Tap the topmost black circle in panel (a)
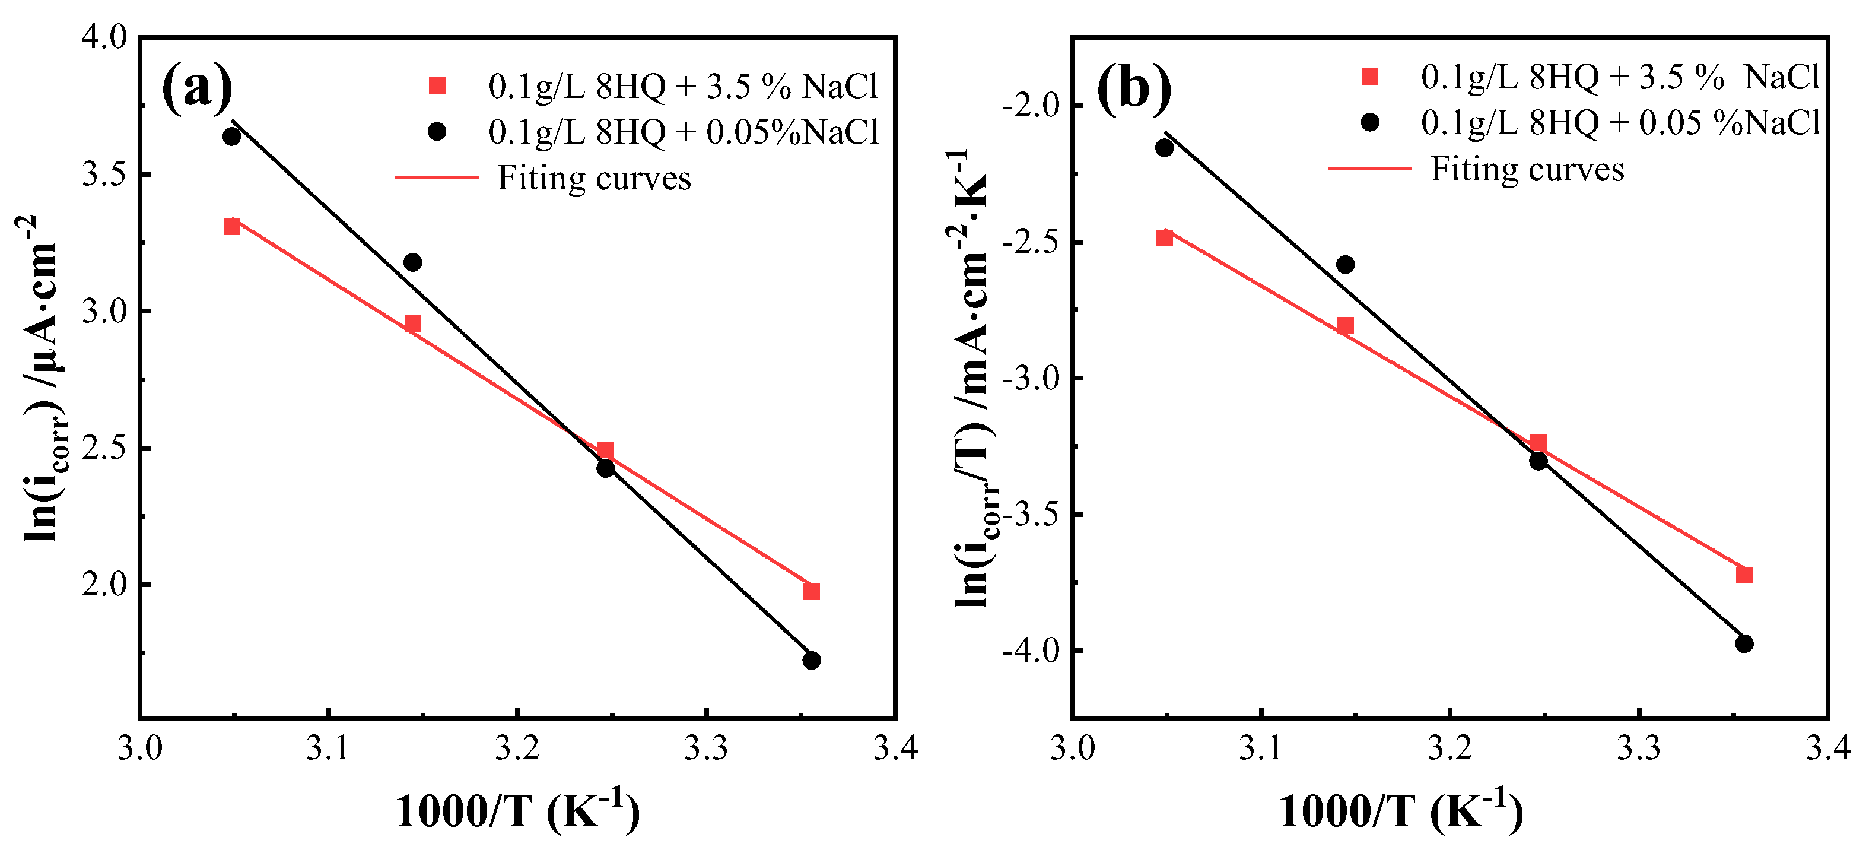(232, 137)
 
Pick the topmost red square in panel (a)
(232, 227)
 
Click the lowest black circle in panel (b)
(1744, 643)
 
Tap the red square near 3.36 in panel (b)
(1744, 575)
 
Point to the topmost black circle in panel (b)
(1164, 148)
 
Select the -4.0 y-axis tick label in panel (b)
(1031, 650)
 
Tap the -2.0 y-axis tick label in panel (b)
(1031, 106)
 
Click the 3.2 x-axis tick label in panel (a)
(517, 748)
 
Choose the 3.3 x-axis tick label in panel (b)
(1639, 748)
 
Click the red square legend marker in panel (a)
(437, 86)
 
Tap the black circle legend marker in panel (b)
(1370, 122)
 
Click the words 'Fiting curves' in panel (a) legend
(594, 178)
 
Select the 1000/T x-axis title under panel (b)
(1400, 810)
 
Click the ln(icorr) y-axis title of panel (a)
(42, 377)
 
